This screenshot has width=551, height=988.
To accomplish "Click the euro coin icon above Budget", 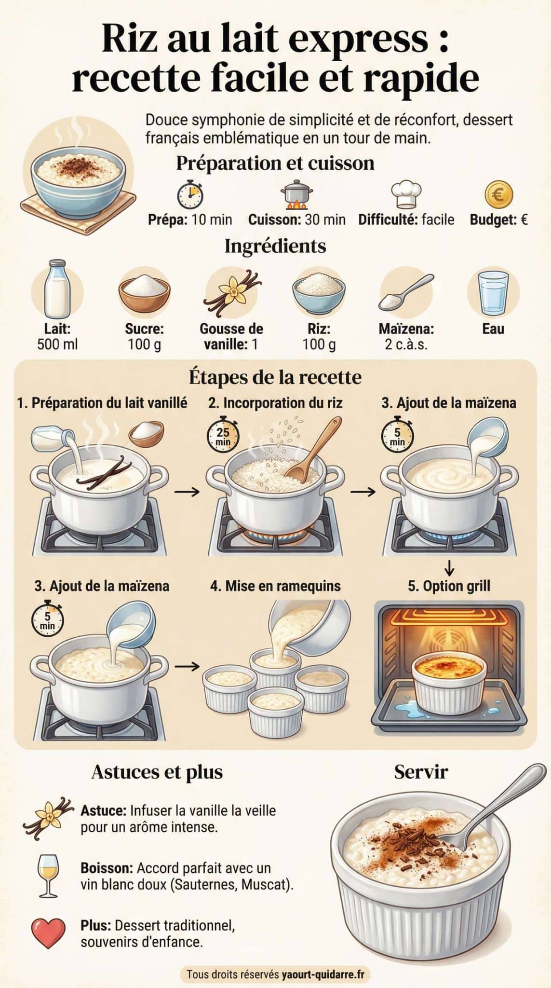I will [498, 195].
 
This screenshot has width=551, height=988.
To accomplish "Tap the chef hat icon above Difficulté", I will [406, 195].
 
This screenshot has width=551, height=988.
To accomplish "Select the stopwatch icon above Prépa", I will [190, 195].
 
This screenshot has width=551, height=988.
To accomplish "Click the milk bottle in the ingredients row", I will [57, 288].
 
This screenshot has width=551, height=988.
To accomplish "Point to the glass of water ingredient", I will [493, 293].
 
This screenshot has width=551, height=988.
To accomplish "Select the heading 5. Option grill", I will [449, 586].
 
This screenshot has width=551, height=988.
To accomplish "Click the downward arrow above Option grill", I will [449, 568].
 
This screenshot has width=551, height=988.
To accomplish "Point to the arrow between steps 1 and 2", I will [187, 492].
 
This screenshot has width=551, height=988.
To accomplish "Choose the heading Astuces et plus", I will [157, 772].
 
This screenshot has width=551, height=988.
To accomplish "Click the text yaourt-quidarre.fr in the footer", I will [323, 974].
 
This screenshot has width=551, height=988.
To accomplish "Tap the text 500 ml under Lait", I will [57, 344].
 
